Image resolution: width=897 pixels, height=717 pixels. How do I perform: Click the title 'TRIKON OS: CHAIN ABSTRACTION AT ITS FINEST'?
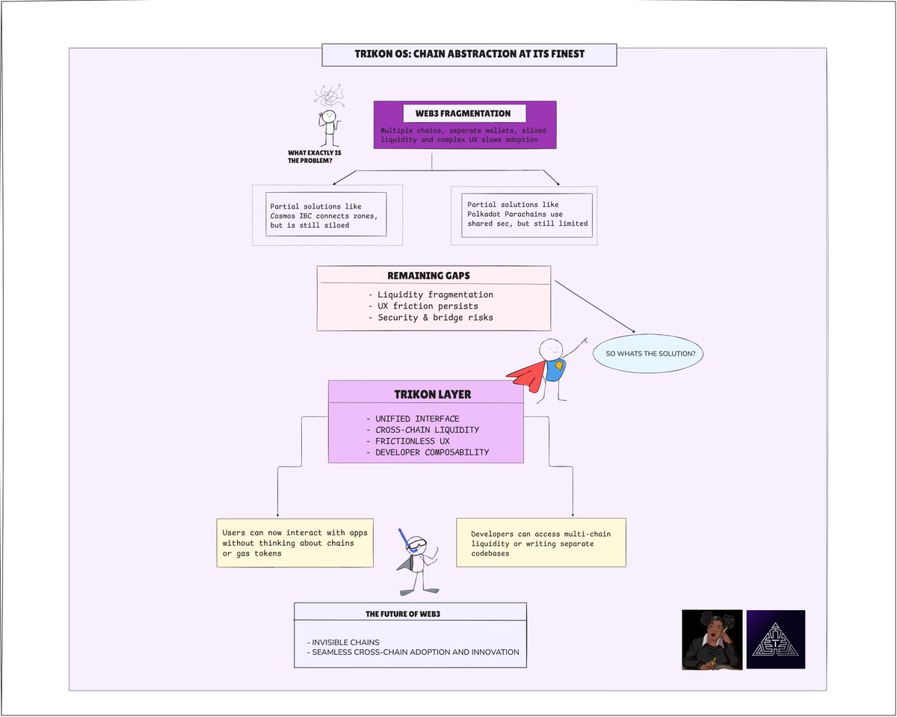(469, 55)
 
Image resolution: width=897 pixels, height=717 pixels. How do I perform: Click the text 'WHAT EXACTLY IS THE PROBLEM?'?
(315, 156)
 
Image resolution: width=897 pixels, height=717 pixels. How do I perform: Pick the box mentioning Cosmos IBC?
(326, 215)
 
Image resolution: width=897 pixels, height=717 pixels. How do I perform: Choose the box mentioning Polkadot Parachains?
(526, 214)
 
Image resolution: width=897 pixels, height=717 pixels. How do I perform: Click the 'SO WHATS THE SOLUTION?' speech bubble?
(649, 354)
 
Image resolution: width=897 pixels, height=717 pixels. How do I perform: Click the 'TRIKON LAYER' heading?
(425, 394)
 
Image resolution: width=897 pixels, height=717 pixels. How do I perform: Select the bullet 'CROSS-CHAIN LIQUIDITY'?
(422, 430)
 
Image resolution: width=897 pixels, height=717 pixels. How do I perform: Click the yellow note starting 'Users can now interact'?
(295, 543)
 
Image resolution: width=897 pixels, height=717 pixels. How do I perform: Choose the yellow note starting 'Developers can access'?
(540, 543)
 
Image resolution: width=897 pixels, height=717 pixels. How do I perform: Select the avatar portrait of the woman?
(712, 639)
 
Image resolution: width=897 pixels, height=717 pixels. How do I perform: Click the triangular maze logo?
(776, 639)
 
